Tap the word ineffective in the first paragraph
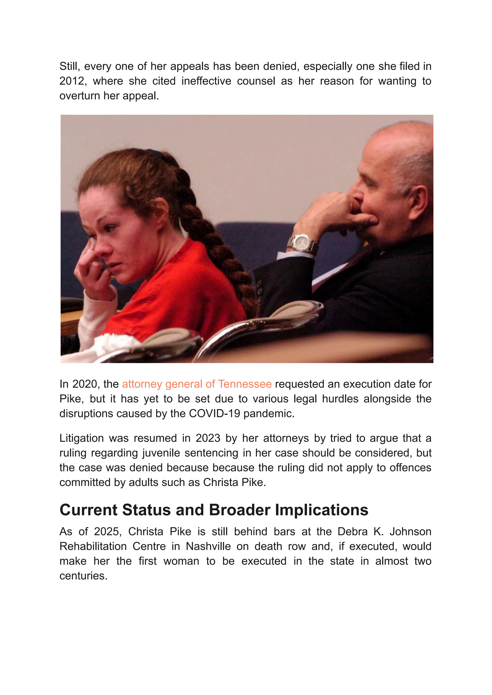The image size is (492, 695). coord(206,81)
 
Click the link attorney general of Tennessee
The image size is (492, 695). coord(197,384)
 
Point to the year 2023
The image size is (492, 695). coord(208,438)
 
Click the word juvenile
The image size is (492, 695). coord(161,453)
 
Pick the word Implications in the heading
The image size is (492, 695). coord(321,510)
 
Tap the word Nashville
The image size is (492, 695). coord(208,546)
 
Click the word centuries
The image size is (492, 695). coord(83,576)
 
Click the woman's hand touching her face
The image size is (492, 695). coord(91,267)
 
